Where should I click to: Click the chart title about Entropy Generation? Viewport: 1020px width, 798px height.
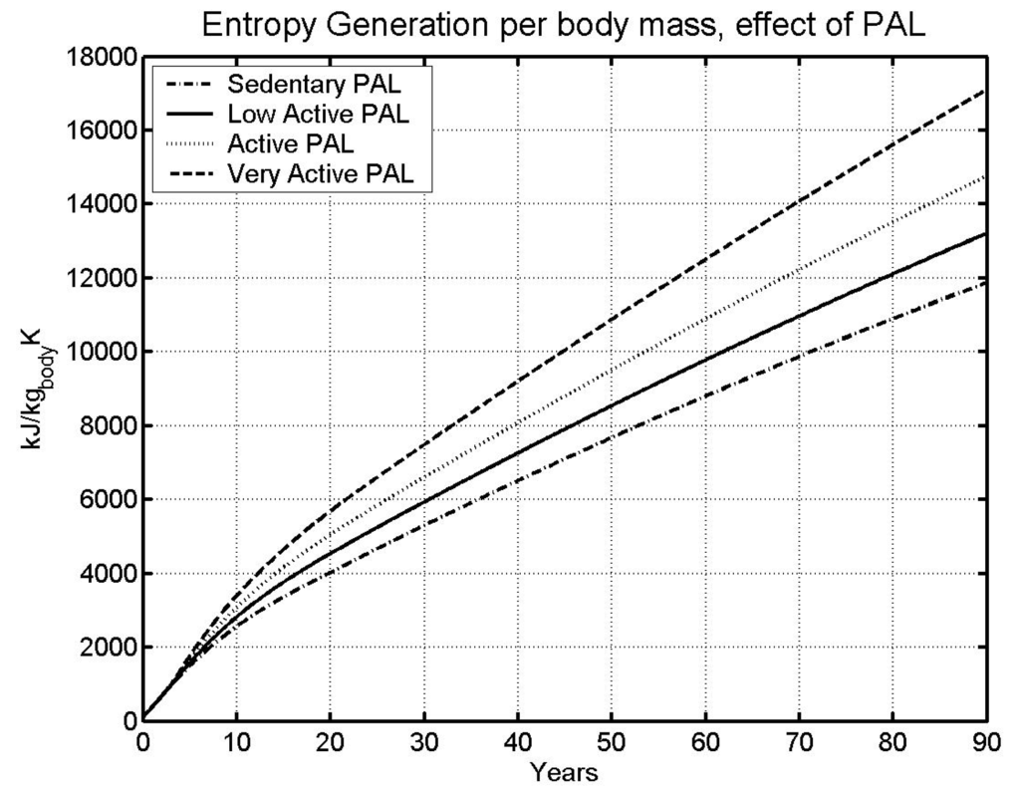click(563, 24)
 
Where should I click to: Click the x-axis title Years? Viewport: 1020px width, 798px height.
click(564, 771)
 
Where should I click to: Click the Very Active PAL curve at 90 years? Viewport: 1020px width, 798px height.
click(985, 91)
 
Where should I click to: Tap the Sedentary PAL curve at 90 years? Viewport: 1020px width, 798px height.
click(985, 283)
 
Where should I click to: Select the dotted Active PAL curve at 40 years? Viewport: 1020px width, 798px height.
click(518, 422)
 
